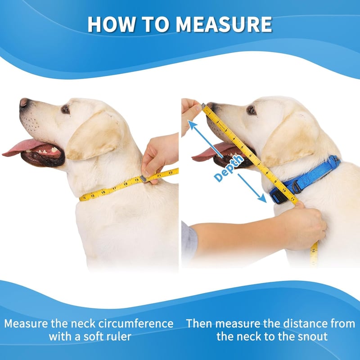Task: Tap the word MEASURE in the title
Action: (224, 24)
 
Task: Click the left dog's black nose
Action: (24, 103)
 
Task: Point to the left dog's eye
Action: (66, 109)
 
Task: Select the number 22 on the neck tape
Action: (171, 172)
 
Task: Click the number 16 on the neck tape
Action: (103, 192)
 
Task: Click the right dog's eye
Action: (252, 111)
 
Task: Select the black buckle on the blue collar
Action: (279, 197)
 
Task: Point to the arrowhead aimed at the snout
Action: (192, 124)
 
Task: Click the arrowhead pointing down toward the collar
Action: (262, 198)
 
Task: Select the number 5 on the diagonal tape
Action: (242, 147)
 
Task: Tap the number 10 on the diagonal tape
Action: (284, 190)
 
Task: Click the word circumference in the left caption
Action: (136, 324)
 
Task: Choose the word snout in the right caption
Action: (313, 337)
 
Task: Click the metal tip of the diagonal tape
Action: (204, 106)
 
